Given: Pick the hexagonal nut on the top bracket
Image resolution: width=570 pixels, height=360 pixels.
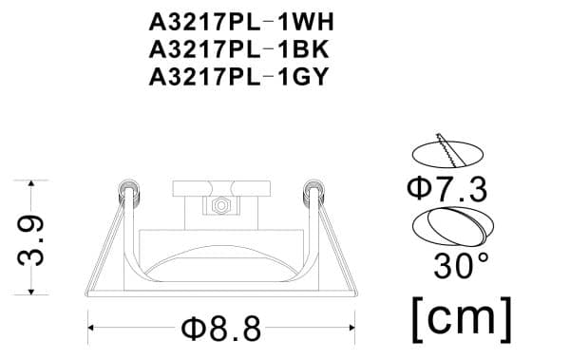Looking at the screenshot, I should tap(220, 204).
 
